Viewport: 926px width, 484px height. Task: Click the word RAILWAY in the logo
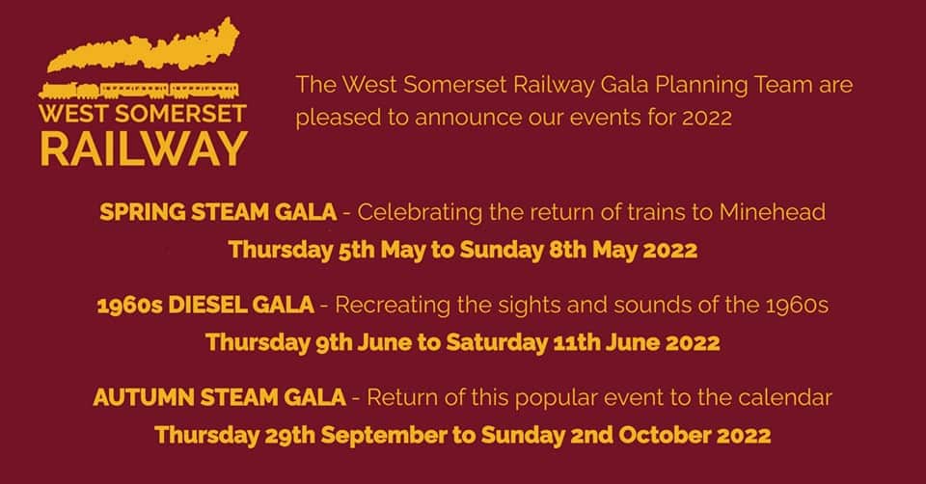144,148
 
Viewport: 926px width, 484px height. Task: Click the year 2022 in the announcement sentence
707,117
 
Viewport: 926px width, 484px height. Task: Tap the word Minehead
772,212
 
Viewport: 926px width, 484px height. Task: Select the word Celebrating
420,212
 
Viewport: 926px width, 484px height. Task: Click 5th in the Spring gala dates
357,250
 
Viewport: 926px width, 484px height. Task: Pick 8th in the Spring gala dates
567,250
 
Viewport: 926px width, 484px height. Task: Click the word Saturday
497,343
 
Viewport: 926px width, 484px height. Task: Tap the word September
384,436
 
